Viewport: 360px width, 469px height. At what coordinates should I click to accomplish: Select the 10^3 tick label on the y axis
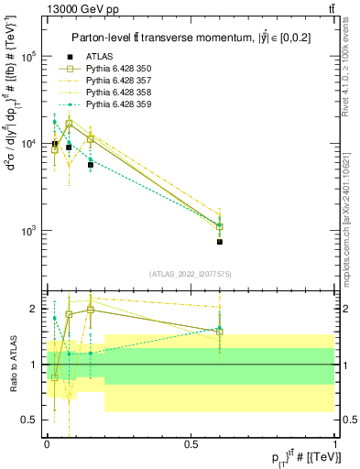click(x=27, y=231)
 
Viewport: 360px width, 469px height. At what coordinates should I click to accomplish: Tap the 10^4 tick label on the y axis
click(x=27, y=144)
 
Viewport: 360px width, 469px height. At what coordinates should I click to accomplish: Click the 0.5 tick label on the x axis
click(x=191, y=443)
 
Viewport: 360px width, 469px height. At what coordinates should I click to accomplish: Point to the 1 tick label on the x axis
click(x=335, y=443)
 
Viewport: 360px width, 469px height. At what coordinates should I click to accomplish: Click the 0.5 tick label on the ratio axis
click(x=30, y=420)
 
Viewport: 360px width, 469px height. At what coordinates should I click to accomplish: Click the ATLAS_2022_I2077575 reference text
click(x=189, y=274)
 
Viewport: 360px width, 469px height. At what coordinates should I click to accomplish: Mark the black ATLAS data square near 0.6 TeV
click(x=220, y=242)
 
